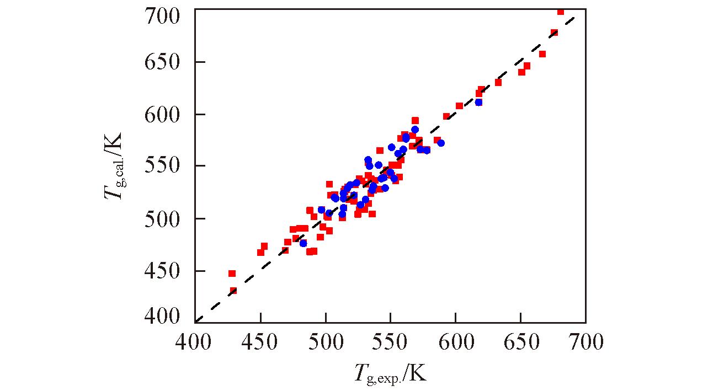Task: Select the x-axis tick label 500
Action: pos(326,342)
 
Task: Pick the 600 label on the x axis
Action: pos(456,342)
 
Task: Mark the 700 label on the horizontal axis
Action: pos(585,342)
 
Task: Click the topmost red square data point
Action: pos(561,12)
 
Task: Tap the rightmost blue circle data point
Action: pos(478,102)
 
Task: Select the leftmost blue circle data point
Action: pos(303,243)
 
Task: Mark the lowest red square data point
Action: pos(233,291)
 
